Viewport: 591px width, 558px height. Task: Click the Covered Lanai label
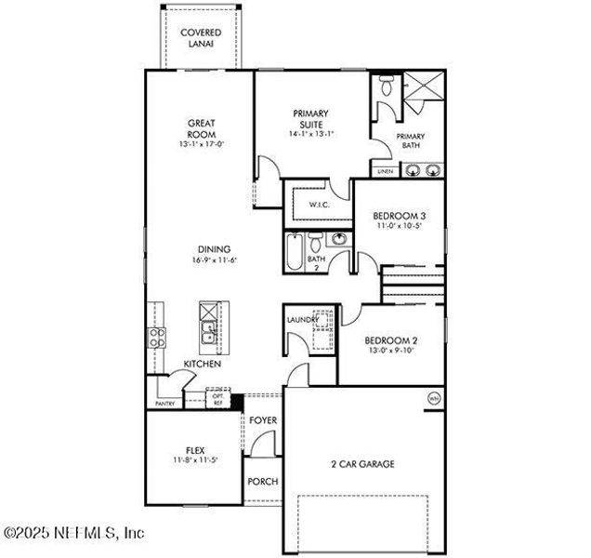[200, 38]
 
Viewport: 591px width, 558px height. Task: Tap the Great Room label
[202, 127]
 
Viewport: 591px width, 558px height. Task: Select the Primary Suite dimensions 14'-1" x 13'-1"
[312, 134]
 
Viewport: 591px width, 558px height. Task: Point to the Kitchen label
[202, 364]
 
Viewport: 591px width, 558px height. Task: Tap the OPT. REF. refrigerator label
[218, 399]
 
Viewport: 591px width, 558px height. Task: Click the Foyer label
[264, 420]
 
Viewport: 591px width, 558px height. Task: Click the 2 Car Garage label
[363, 463]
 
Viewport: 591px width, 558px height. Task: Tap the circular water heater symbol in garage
[434, 399]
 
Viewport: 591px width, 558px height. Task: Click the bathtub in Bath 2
[295, 252]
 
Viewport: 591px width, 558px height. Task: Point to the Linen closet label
[385, 171]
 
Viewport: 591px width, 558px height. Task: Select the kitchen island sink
[209, 328]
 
